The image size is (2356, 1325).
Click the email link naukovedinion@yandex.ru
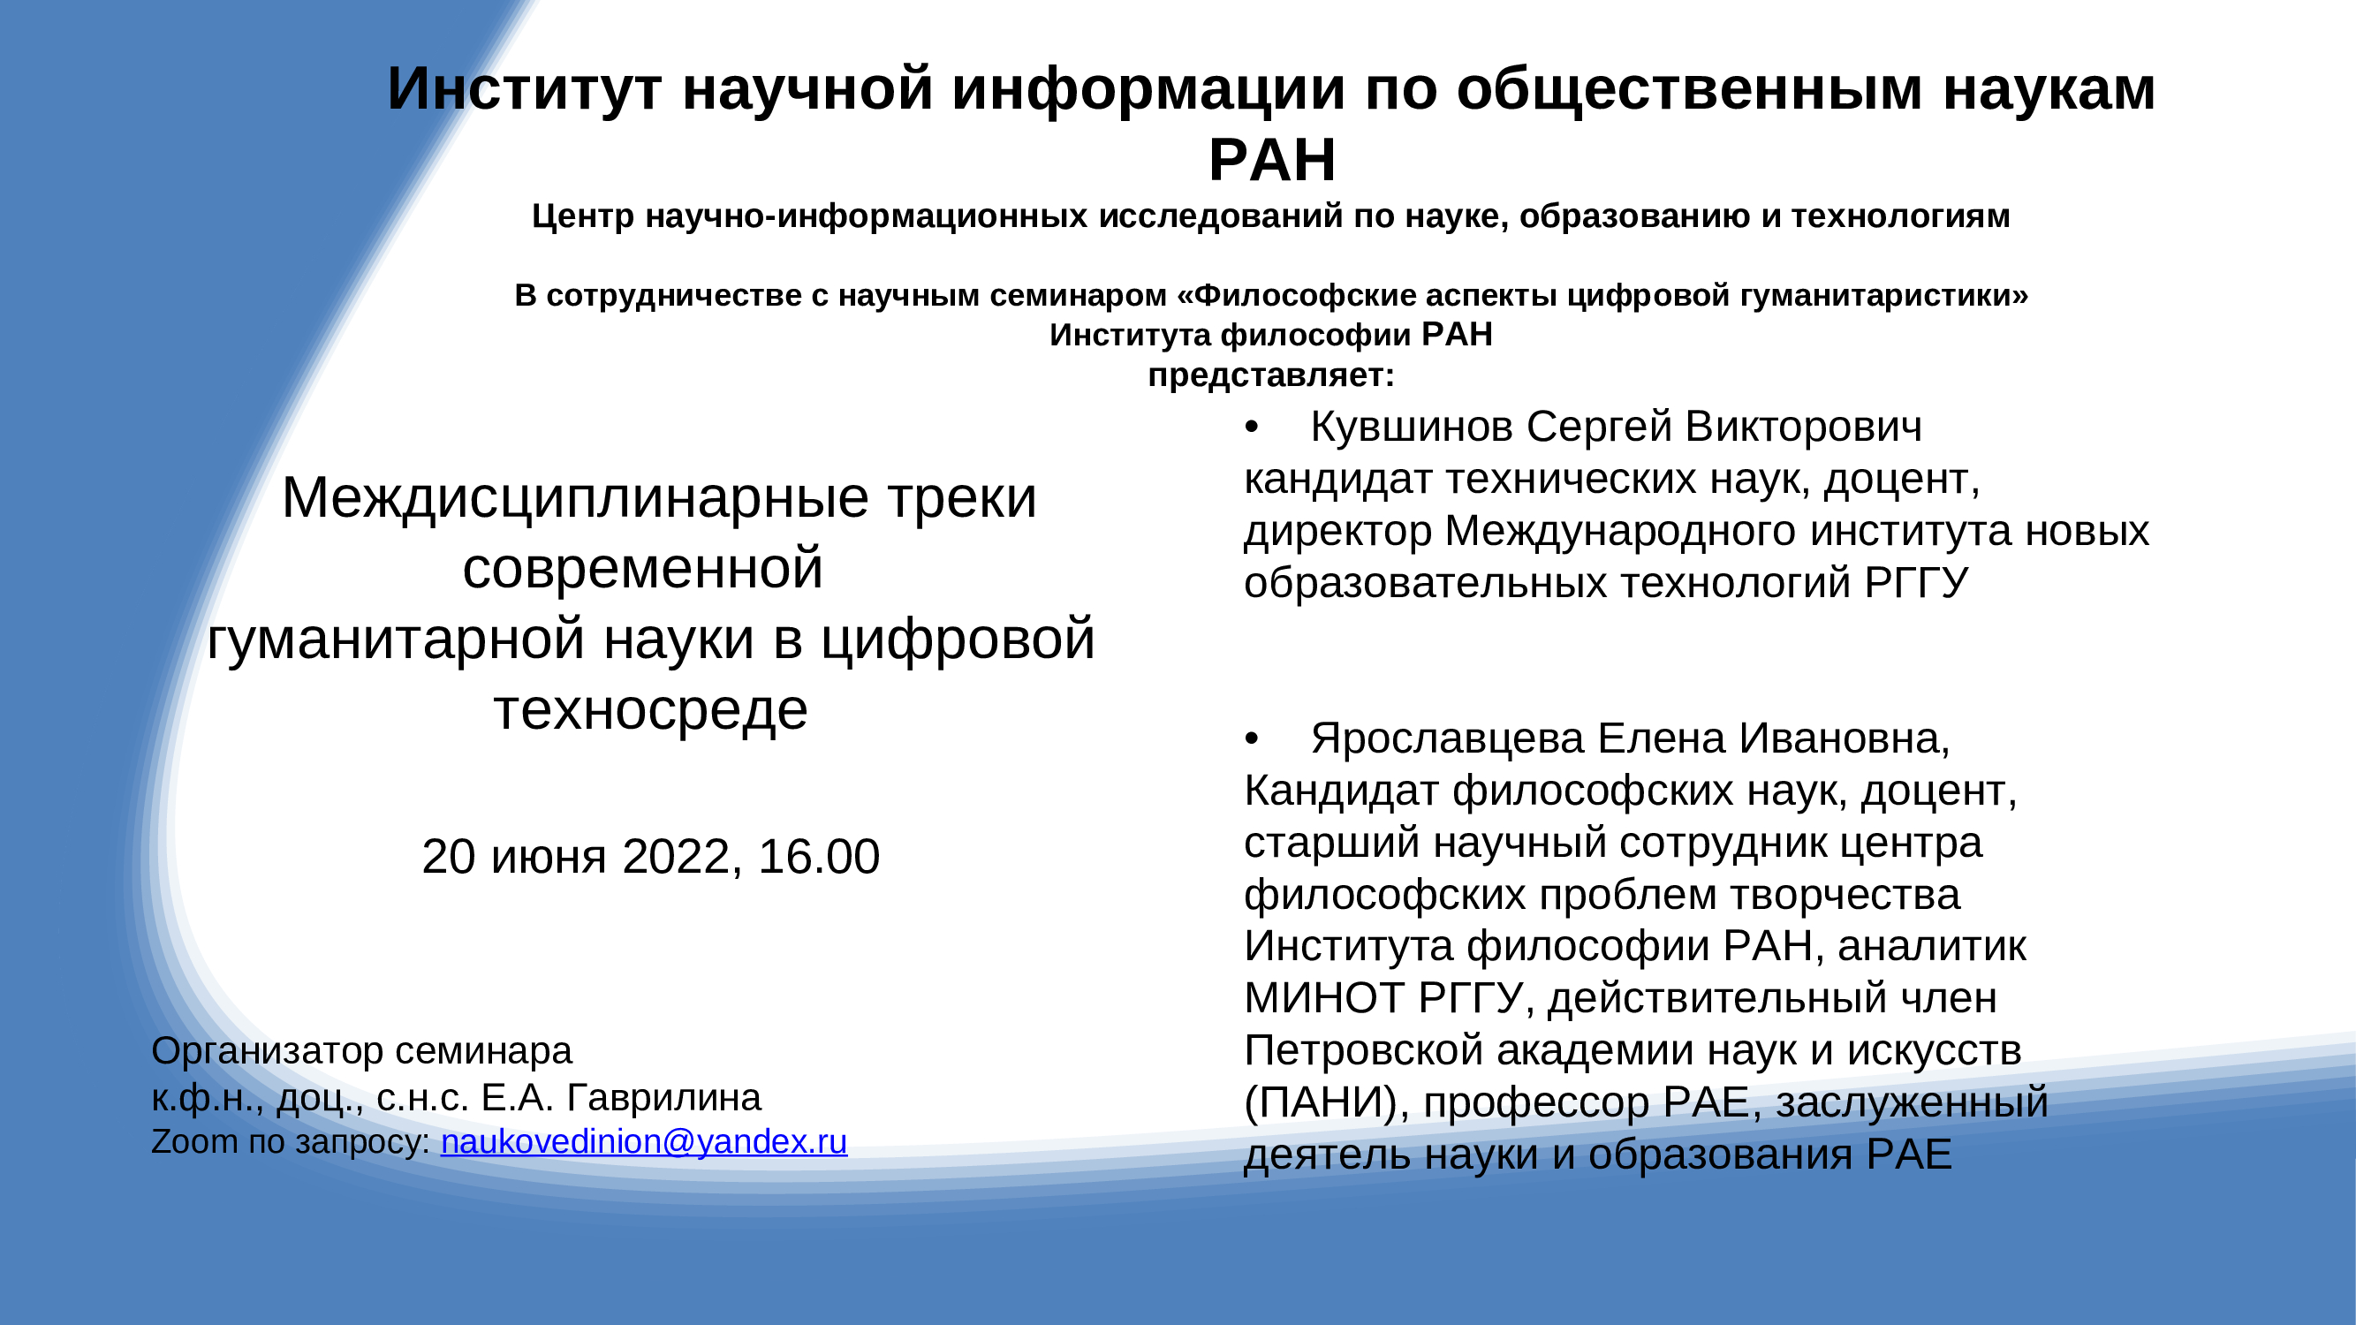pyautogui.click(x=644, y=1142)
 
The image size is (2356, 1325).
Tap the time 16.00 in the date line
pyautogui.click(x=819, y=857)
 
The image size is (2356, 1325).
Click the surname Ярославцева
pyautogui.click(x=1447, y=738)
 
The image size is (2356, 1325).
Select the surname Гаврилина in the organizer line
pyautogui.click(x=664, y=1097)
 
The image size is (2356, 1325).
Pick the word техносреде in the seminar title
pyautogui.click(x=651, y=710)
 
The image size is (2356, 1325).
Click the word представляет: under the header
pyautogui.click(x=1271, y=375)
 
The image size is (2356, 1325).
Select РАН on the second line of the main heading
pyautogui.click(x=1272, y=160)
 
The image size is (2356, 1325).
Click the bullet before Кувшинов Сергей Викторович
pyautogui.click(x=1252, y=428)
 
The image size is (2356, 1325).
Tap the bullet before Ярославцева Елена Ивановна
pyautogui.click(x=1252, y=738)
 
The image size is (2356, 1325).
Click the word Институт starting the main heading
pyautogui.click(x=525, y=89)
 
